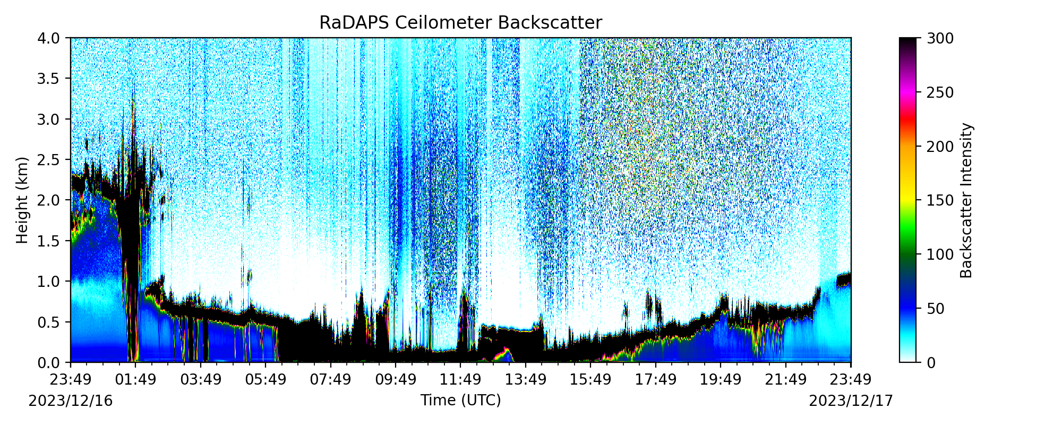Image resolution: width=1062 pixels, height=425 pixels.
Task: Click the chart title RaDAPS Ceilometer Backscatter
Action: click(460, 23)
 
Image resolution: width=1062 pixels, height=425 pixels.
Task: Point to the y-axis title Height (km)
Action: click(22, 200)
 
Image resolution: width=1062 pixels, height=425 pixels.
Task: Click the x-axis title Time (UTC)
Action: click(460, 400)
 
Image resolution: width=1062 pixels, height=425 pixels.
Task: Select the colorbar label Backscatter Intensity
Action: click(966, 200)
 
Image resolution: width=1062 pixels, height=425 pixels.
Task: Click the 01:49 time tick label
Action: click(135, 380)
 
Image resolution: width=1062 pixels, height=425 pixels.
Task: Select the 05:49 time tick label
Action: click(265, 380)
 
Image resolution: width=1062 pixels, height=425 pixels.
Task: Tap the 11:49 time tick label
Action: click(460, 380)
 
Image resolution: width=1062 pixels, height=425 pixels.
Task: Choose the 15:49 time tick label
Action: click(590, 380)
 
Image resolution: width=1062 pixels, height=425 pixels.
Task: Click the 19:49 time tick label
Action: click(721, 380)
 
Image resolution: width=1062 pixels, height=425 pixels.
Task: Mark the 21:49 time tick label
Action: click(786, 380)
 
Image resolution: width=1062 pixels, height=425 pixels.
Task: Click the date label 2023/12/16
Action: click(71, 401)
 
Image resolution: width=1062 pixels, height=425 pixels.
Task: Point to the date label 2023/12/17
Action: click(851, 401)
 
